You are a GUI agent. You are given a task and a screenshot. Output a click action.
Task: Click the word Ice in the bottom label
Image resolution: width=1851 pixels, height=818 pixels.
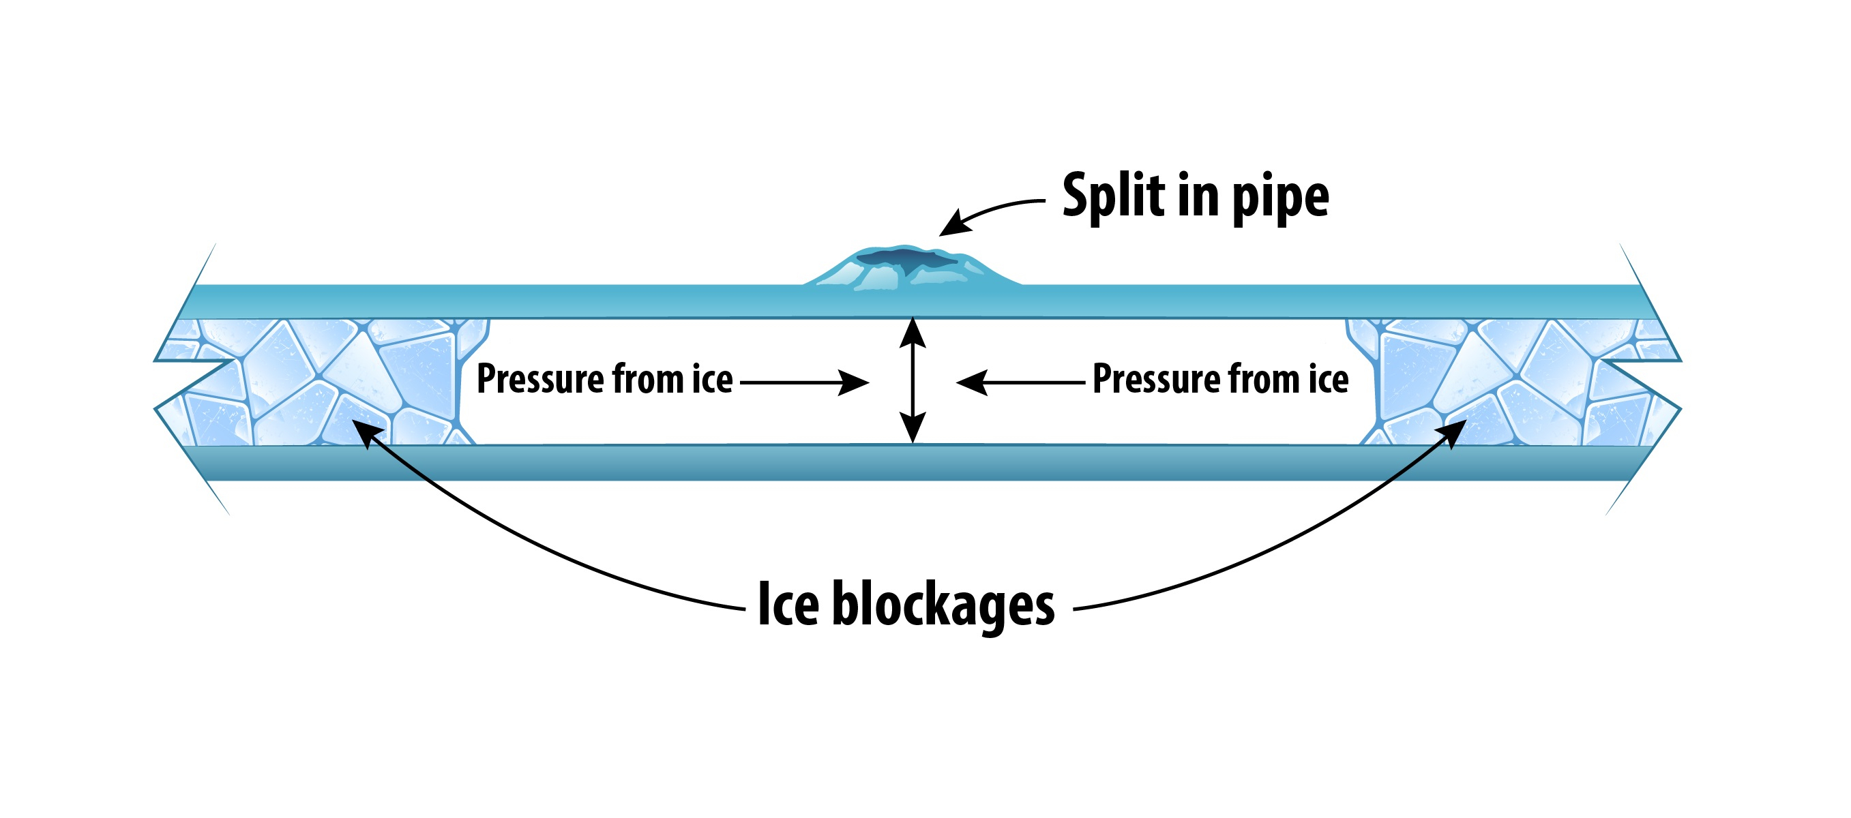coord(788,605)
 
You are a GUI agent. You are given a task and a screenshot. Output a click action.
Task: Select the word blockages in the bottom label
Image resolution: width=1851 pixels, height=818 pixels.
coord(943,607)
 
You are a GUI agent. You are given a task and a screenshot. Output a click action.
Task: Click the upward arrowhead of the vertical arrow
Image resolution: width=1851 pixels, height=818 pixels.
coord(913,332)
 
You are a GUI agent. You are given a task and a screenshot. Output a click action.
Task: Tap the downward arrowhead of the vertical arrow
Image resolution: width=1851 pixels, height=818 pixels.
coord(913,429)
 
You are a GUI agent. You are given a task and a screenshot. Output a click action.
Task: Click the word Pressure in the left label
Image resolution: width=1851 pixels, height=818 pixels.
coord(540,379)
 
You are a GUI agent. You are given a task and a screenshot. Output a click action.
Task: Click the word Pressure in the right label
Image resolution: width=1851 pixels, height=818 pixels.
coord(1155,379)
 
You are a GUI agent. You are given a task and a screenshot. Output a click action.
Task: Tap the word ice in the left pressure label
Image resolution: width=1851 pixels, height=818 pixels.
coord(712,379)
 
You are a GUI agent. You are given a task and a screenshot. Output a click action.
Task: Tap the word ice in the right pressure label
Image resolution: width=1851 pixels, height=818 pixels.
coord(1328,379)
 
